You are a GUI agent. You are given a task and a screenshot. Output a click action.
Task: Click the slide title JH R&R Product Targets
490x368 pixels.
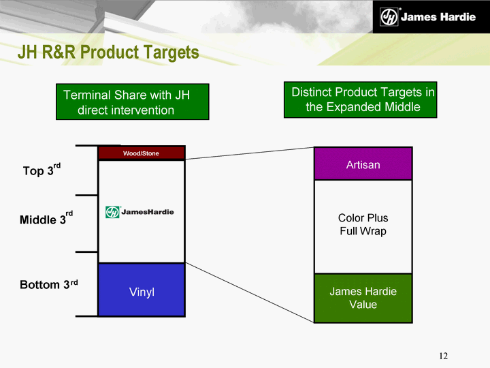pyautogui.click(x=108, y=52)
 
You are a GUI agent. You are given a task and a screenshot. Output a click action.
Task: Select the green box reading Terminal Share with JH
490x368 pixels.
pyautogui.click(x=133, y=102)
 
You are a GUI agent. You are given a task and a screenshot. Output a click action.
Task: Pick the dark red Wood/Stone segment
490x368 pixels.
pyautogui.click(x=141, y=153)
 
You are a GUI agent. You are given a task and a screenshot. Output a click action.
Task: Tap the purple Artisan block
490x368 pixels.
pyautogui.click(x=363, y=164)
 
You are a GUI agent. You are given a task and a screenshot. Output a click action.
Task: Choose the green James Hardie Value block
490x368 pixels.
pyautogui.click(x=363, y=298)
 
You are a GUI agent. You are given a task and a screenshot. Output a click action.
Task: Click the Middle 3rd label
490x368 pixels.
pyautogui.click(x=46, y=219)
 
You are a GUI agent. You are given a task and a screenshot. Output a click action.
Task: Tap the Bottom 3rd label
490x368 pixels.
pyautogui.click(x=48, y=284)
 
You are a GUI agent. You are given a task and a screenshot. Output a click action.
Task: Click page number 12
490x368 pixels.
pyautogui.click(x=443, y=356)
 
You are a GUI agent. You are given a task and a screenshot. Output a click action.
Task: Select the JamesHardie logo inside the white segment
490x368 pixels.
pyautogui.click(x=140, y=212)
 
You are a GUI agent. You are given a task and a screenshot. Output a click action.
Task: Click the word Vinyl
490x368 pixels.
pyautogui.click(x=142, y=292)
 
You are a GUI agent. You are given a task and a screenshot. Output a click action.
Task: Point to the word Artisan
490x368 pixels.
pyautogui.click(x=363, y=165)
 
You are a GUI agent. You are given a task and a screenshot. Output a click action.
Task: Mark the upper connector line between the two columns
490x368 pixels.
pyautogui.click(x=249, y=153)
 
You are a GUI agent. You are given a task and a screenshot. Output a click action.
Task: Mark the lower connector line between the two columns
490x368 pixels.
pyautogui.click(x=249, y=292)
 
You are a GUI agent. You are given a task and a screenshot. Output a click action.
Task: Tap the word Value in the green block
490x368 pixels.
pyautogui.click(x=363, y=305)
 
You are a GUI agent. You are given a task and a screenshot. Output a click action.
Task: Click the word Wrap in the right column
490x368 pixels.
pyautogui.click(x=374, y=232)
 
